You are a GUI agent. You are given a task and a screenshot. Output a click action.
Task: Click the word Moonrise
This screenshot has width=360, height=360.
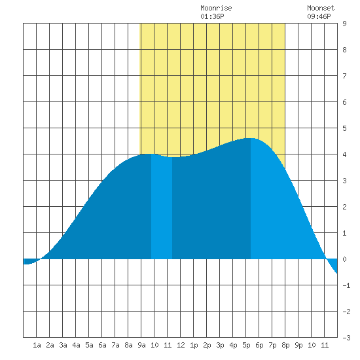[216, 8]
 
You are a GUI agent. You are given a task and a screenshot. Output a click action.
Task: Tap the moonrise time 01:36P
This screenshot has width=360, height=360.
[212, 16]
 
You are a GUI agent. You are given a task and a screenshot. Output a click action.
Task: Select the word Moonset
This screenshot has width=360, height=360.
[321, 8]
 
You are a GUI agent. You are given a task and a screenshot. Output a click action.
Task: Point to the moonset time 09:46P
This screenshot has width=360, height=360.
[319, 16]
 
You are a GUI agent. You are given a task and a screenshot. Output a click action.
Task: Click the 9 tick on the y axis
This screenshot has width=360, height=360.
[344, 24]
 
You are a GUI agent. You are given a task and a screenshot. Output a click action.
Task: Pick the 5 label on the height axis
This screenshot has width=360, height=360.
[344, 128]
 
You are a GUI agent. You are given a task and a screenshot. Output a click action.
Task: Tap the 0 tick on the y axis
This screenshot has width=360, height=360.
[344, 259]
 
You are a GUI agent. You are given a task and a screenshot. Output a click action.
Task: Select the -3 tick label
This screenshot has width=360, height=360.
[346, 338]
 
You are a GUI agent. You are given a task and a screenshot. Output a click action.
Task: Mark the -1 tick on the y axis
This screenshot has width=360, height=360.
[346, 285]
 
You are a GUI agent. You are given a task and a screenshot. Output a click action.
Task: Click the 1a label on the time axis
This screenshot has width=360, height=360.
[37, 345]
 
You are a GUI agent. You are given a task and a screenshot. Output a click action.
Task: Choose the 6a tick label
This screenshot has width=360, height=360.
[102, 345]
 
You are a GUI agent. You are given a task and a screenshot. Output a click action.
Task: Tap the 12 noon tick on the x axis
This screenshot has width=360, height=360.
[181, 345]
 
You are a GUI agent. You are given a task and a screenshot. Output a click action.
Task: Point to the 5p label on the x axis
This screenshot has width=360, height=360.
[246, 345]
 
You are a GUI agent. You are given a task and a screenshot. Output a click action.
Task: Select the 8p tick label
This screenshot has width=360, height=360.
[285, 345]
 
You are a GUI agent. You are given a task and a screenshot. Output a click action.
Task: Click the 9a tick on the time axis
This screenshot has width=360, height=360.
[141, 345]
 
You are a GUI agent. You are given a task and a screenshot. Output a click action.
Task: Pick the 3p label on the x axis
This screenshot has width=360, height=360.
[220, 345]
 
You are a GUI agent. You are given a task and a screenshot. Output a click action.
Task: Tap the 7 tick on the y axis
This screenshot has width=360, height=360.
[344, 76]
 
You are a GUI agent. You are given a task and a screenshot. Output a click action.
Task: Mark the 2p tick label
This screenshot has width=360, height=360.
[207, 345]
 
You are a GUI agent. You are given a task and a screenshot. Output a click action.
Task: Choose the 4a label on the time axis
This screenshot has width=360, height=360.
[76, 345]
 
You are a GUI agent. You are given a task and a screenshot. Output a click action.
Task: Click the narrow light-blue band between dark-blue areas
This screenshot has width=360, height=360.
[162, 207]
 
